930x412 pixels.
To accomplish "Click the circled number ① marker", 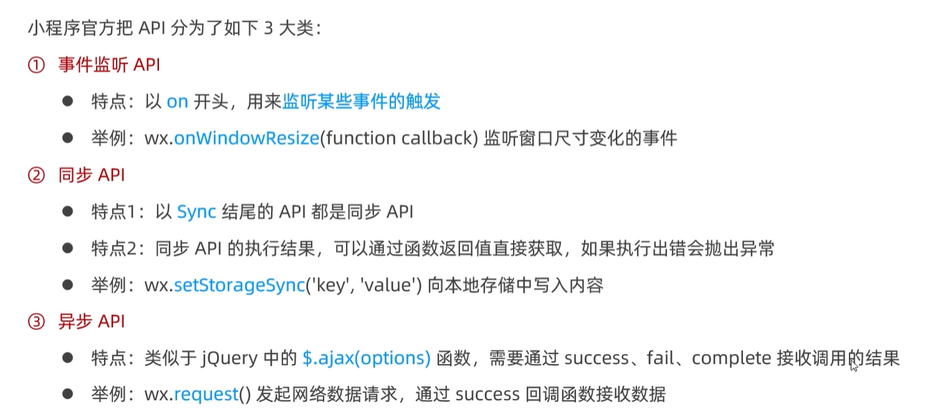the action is tap(36, 65).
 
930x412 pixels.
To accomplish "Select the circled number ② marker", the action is tap(36, 176).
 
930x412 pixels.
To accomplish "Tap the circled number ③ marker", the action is tap(36, 322).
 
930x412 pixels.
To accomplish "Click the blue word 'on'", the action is tap(177, 102).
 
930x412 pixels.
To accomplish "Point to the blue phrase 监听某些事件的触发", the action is tap(361, 102).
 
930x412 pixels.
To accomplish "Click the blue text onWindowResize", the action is tap(246, 138).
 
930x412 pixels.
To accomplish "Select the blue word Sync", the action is tap(196, 212).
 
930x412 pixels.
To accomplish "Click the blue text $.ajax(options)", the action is tap(366, 358).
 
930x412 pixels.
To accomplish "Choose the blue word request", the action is tap(206, 394).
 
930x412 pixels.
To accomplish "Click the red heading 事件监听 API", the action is tap(109, 65).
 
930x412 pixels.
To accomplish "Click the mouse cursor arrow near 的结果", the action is tap(853, 366).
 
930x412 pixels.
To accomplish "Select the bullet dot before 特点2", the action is tap(68, 248).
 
